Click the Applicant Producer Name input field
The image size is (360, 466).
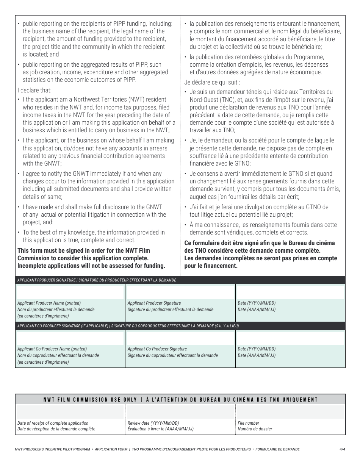[70, 292]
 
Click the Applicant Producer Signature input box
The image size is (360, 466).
[180, 292]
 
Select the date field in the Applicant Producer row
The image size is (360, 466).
[290, 292]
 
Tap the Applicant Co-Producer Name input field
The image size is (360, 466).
[70, 338]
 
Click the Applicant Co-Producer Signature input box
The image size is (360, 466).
[180, 338]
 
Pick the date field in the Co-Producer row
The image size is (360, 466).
[290, 338]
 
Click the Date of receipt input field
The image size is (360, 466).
[70, 412]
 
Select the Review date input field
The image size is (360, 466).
[180, 412]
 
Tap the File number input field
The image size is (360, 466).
[290, 412]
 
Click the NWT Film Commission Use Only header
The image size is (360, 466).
[180, 400]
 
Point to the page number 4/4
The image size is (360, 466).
[342, 449]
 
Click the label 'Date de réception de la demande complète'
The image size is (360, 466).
[56, 429]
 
